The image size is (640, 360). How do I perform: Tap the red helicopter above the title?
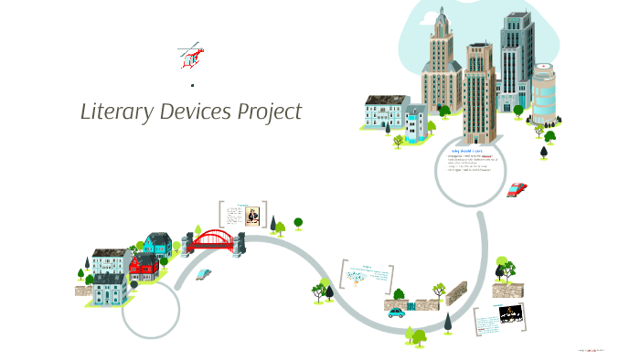pos(190,57)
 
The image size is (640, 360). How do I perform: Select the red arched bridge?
pos(212,240)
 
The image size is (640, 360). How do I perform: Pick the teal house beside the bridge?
pos(157,244)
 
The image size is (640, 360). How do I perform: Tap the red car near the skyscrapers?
pos(517,189)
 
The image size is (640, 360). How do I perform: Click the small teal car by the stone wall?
pos(396,312)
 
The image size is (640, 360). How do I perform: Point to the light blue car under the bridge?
pos(204,273)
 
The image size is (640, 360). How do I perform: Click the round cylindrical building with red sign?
pos(544,93)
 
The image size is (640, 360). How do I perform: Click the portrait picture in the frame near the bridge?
pos(251,216)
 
